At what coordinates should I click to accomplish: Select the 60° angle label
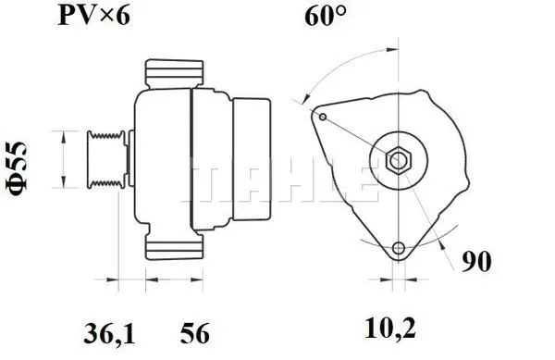325,17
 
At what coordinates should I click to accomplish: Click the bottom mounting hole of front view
399,248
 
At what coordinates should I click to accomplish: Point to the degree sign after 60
346,11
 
